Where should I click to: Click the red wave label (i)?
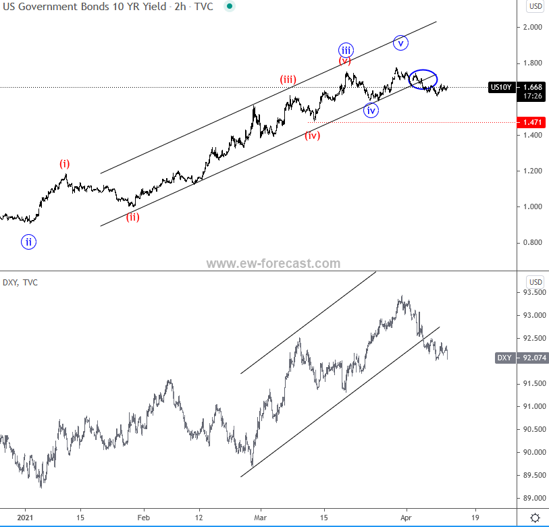[64, 163]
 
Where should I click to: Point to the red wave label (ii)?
[132, 217]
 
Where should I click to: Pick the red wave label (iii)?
[288, 80]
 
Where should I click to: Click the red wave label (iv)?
[312, 135]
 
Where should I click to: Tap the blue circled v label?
[401, 43]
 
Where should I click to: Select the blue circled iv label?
[371, 110]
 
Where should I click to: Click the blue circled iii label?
[346, 49]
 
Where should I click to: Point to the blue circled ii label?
[28, 242]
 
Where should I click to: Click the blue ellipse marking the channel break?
[423, 79]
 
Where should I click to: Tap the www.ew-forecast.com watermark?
[273, 264]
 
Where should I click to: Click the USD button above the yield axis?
[535, 6]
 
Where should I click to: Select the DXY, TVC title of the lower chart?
[20, 282]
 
